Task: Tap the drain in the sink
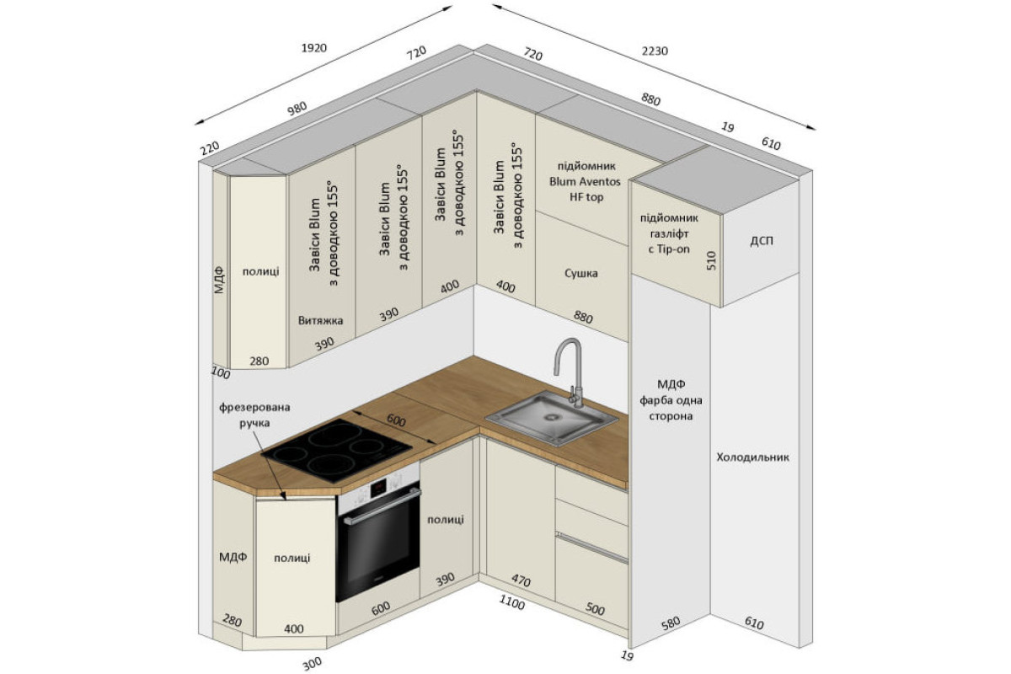(x=551, y=418)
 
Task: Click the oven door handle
(x=382, y=508)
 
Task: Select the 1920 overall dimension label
(x=313, y=47)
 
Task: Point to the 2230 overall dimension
(x=655, y=51)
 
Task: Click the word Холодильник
(x=753, y=457)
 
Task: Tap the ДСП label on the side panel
(x=762, y=241)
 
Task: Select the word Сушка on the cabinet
(x=580, y=273)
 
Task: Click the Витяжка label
(x=320, y=320)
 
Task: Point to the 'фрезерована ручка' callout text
(x=255, y=415)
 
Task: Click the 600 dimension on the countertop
(x=396, y=420)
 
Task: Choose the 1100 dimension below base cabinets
(x=512, y=602)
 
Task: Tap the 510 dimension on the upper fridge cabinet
(x=711, y=260)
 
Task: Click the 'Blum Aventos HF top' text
(x=585, y=190)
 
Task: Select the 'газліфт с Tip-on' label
(x=669, y=242)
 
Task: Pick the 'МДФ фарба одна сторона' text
(x=671, y=400)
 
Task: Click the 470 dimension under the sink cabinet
(x=521, y=580)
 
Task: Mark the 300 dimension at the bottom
(x=312, y=663)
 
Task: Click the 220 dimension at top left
(x=210, y=147)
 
